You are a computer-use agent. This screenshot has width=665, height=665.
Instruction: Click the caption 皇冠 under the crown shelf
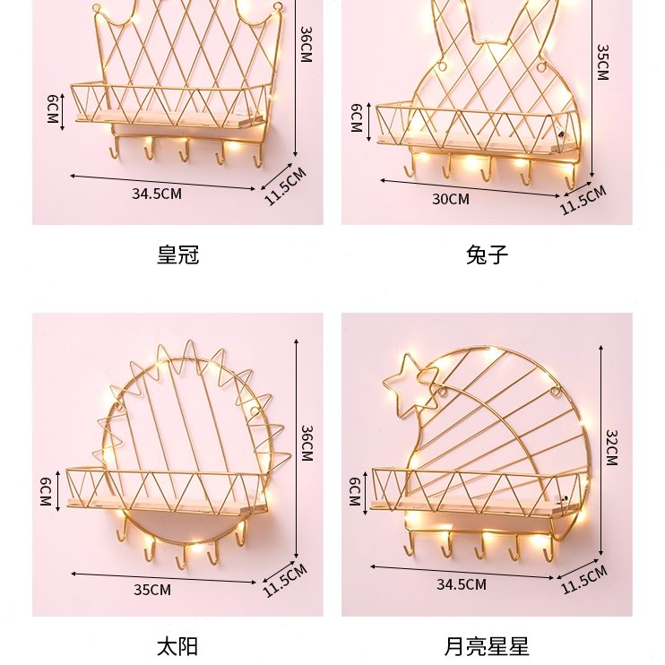(x=177, y=255)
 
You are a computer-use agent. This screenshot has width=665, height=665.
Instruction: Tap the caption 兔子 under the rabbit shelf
(x=487, y=255)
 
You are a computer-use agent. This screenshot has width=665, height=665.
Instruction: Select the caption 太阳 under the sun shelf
(x=177, y=645)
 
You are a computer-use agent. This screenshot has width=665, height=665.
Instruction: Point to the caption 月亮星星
(x=487, y=645)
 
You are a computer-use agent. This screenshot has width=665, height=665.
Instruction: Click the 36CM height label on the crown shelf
(x=306, y=45)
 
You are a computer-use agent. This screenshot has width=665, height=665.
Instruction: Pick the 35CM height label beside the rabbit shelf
(x=602, y=63)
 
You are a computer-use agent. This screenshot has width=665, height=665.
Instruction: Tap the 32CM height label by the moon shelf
(x=611, y=447)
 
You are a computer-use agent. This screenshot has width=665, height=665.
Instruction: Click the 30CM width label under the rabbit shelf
(x=451, y=199)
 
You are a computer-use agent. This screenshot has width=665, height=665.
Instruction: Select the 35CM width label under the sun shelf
(x=152, y=590)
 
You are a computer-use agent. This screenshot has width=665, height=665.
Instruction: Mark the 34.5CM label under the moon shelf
(x=462, y=585)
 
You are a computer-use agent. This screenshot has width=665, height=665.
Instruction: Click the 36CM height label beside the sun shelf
(x=306, y=444)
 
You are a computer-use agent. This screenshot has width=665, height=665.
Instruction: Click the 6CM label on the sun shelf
(x=44, y=491)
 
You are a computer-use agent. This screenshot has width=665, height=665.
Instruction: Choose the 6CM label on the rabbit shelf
(x=356, y=118)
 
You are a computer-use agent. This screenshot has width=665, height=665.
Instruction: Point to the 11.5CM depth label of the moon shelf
(x=583, y=580)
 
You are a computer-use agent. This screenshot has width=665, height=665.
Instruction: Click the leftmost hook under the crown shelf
(x=113, y=151)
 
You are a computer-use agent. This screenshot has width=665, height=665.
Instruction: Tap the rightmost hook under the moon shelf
(x=548, y=553)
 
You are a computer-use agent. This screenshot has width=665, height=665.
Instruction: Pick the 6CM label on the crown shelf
(x=53, y=108)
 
